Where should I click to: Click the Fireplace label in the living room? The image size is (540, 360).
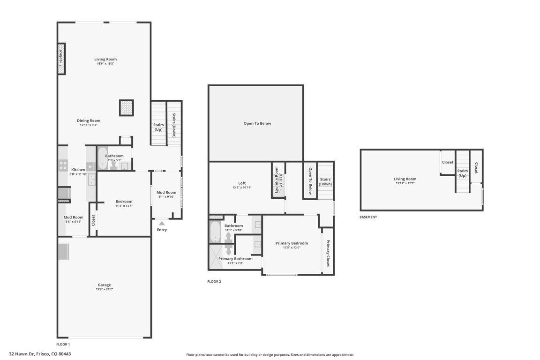(x=61, y=59)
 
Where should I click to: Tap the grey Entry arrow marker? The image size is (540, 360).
(x=162, y=224)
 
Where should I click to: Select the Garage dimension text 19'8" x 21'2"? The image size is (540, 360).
(x=105, y=290)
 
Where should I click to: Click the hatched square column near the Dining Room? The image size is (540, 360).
(x=127, y=108)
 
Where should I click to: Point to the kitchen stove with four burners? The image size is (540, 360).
(x=62, y=165)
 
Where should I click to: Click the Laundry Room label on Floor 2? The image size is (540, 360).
(x=277, y=180)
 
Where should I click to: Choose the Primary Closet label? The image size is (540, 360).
(x=328, y=254)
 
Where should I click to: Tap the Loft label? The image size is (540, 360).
(x=241, y=183)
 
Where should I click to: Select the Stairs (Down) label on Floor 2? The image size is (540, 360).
(x=325, y=181)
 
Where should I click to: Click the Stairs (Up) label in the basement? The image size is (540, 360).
(x=463, y=173)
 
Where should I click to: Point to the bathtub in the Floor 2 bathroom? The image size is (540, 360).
(x=215, y=232)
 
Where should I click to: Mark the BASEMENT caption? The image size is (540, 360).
(x=368, y=217)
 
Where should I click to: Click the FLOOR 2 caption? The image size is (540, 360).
(x=214, y=282)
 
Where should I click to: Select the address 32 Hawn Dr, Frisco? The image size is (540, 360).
(x=40, y=354)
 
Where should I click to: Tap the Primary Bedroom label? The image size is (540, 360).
(x=292, y=243)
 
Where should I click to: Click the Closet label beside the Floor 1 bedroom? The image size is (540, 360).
(x=93, y=219)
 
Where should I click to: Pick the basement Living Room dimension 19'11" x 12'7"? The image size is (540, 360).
(x=405, y=183)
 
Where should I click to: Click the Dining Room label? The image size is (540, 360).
(x=89, y=120)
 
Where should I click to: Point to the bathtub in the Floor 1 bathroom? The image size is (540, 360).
(x=103, y=159)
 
